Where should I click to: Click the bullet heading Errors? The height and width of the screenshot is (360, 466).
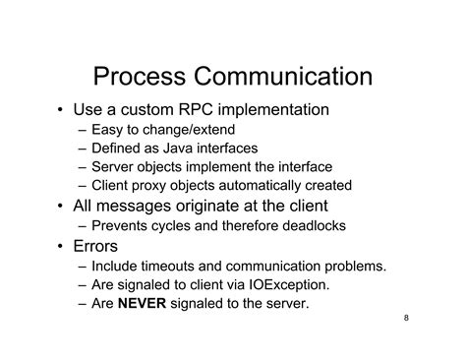pyautogui.click(x=96, y=246)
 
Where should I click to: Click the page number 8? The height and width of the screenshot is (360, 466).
pyautogui.click(x=407, y=320)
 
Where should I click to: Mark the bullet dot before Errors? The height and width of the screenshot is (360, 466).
pyautogui.click(x=60, y=247)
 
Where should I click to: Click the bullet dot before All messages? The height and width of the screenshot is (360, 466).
pyautogui.click(x=60, y=207)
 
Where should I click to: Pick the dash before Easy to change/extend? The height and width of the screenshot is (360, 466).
pyautogui.click(x=81, y=130)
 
